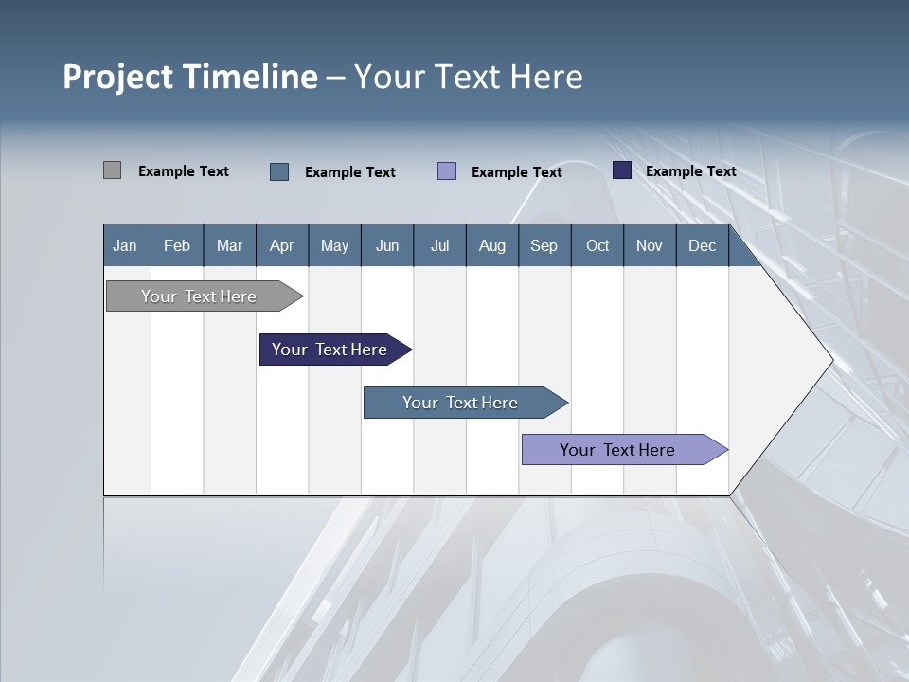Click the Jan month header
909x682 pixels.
pyautogui.click(x=125, y=245)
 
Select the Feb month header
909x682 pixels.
pyautogui.click(x=177, y=245)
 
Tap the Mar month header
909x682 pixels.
pyautogui.click(x=229, y=245)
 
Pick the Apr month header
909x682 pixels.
pyautogui.click(x=281, y=245)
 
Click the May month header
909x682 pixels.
pyautogui.click(x=334, y=245)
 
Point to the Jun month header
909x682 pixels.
pyautogui.click(x=387, y=245)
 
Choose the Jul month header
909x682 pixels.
pyautogui.click(x=439, y=245)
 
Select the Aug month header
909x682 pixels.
pyautogui.click(x=492, y=245)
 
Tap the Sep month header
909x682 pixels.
pyautogui.click(x=544, y=245)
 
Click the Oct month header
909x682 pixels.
pyautogui.click(x=597, y=245)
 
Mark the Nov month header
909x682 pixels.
pyautogui.click(x=650, y=245)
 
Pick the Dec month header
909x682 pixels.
pyautogui.click(x=703, y=245)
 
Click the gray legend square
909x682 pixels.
pyautogui.click(x=112, y=170)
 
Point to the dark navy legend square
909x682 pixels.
pyautogui.click(x=622, y=170)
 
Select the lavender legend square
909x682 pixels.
pyautogui.click(x=447, y=170)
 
